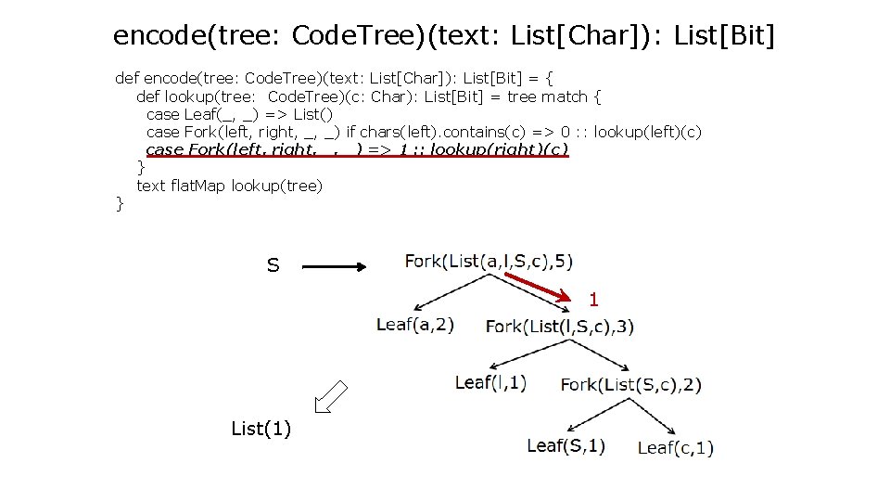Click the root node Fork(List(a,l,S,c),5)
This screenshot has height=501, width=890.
coord(488,261)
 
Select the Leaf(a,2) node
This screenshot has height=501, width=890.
coord(415,325)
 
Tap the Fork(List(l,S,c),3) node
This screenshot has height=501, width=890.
coord(560,326)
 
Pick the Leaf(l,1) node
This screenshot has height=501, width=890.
coord(490,382)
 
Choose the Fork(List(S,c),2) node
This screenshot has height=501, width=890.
coord(631,384)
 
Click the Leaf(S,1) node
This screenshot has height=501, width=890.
coord(566,445)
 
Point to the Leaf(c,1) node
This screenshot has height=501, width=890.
coord(676,448)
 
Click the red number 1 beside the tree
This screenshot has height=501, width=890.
coord(594,300)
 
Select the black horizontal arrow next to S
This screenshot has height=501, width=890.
coord(336,266)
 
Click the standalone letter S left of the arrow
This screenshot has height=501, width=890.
coord(273,266)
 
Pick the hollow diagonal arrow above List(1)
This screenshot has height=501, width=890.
coord(330,396)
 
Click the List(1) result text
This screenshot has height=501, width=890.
coord(261,429)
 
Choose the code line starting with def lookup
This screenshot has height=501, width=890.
coord(369,96)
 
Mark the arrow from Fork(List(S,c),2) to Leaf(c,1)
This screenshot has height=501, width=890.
coord(661,417)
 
